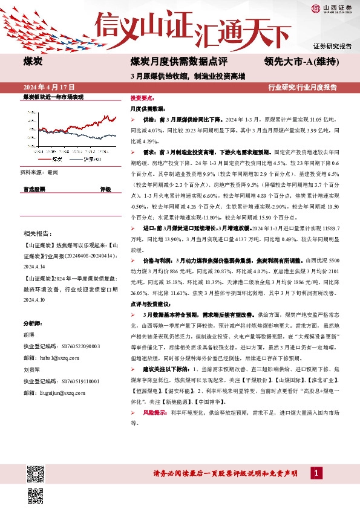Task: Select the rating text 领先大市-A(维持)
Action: pyautogui.click(x=301, y=62)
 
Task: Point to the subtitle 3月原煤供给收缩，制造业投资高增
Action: pyautogui.click(x=188, y=76)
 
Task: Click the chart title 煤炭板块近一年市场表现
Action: pyautogui.click(x=53, y=97)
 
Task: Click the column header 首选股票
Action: pyautogui.click(x=34, y=189)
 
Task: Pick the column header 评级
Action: pyautogui.click(x=105, y=189)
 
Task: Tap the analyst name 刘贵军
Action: pyautogui.click(x=31, y=371)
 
